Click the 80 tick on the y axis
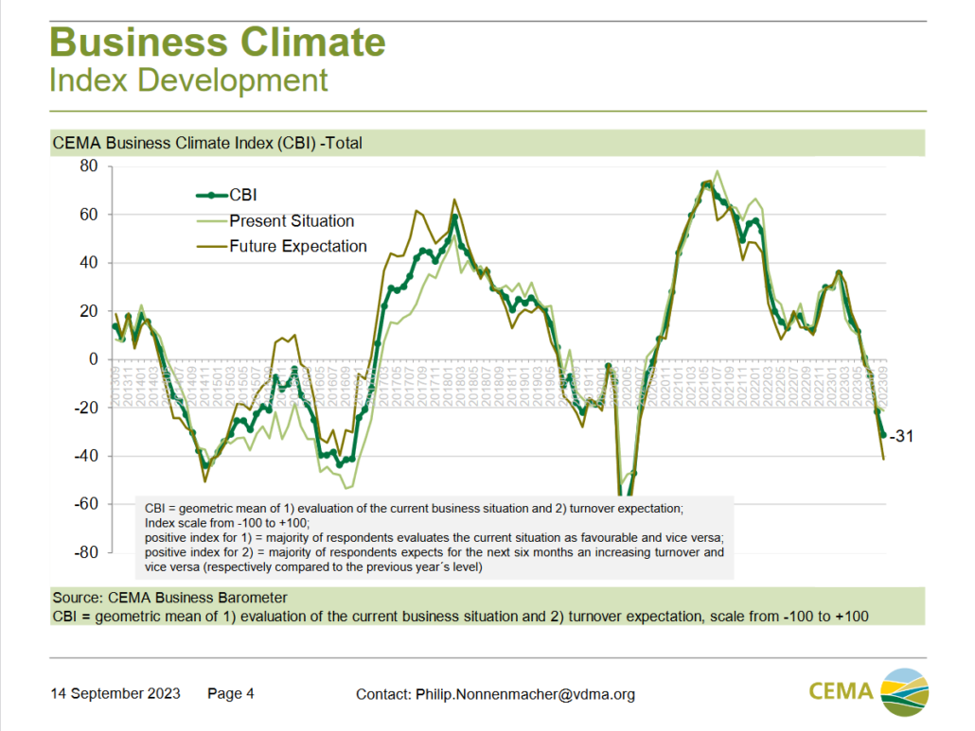pyautogui.click(x=87, y=166)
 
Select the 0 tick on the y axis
pyautogui.click(x=93, y=359)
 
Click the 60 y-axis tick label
pyautogui.click(x=87, y=215)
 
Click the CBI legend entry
pyautogui.click(x=243, y=196)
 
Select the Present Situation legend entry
pyautogui.click(x=292, y=221)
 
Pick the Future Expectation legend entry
pyautogui.click(x=297, y=247)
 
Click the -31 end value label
pyautogui.click(x=900, y=436)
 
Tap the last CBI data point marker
pyautogui.click(x=883, y=435)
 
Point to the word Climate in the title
pyautogui.click(x=313, y=44)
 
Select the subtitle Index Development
pyautogui.click(x=188, y=80)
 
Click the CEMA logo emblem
pyautogui.click(x=906, y=689)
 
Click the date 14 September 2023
pyautogui.click(x=115, y=694)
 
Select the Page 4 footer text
pyautogui.click(x=231, y=694)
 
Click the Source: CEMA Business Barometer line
pyautogui.click(x=170, y=598)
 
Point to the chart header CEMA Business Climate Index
pyautogui.click(x=207, y=144)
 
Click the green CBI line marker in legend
pyautogui.click(x=212, y=196)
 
